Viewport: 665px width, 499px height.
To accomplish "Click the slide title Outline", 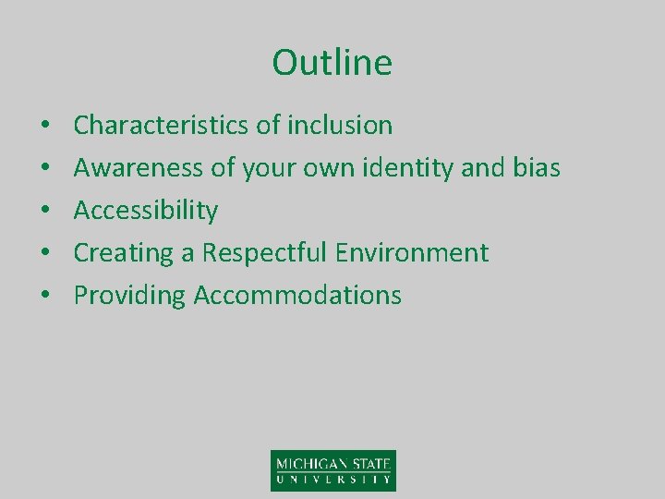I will click(x=332, y=63).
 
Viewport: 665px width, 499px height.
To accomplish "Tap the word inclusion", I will click(x=341, y=125).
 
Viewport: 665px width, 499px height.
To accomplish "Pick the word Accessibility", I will click(x=146, y=211).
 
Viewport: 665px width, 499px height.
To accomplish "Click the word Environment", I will click(x=413, y=252).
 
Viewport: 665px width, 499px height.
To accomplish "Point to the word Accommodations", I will click(x=297, y=296).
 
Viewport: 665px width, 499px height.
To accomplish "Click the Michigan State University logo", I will click(x=332, y=469).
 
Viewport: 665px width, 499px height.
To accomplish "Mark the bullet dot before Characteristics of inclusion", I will click(x=44, y=126).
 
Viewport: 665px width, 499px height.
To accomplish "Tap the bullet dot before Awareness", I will click(x=44, y=168).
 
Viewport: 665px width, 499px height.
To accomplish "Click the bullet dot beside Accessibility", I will click(x=44, y=212).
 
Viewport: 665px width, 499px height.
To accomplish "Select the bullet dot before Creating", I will click(x=44, y=253).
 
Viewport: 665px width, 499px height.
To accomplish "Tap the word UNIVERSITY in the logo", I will click(x=332, y=480).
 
